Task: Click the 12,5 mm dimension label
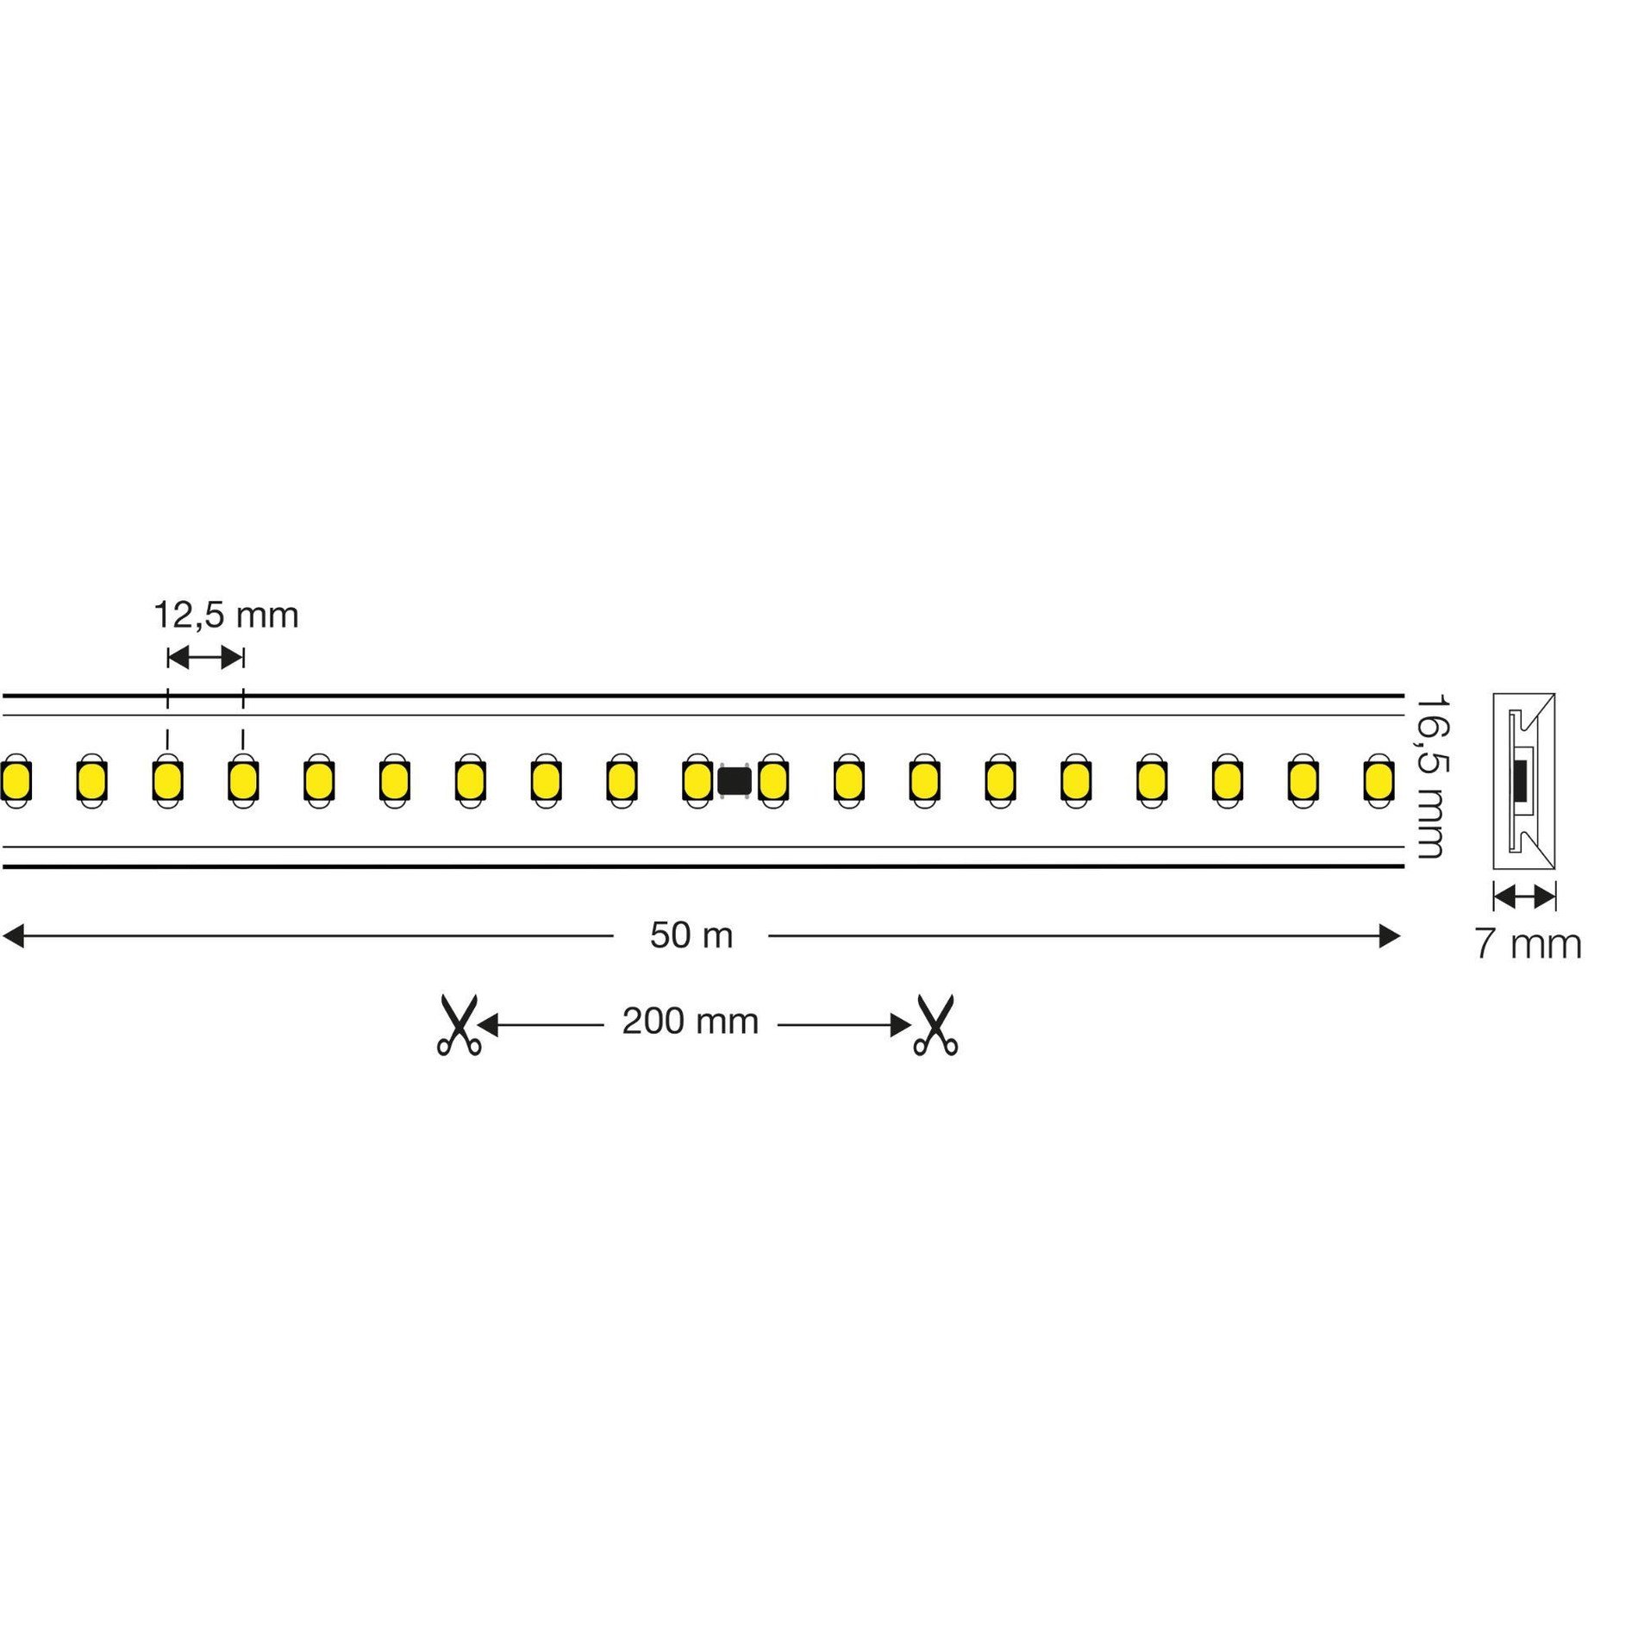pyautogui.click(x=226, y=616)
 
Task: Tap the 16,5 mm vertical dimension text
pyautogui.click(x=1431, y=778)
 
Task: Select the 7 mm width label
pyautogui.click(x=1528, y=944)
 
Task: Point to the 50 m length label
pyautogui.click(x=691, y=935)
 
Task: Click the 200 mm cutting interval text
pyautogui.click(x=691, y=1022)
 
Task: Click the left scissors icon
pyautogui.click(x=459, y=1025)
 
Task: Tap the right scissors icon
pyautogui.click(x=936, y=1025)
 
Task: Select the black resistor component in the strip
pyautogui.click(x=735, y=781)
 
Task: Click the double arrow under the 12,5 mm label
pyautogui.click(x=205, y=659)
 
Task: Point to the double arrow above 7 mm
pyautogui.click(x=1524, y=897)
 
